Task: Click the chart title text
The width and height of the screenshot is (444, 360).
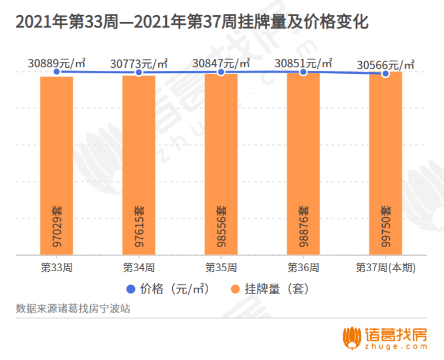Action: [191, 22]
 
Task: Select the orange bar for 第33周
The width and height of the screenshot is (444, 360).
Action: [56, 165]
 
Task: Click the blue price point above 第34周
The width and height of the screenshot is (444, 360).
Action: [139, 72]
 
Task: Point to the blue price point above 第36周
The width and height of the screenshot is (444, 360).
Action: [303, 71]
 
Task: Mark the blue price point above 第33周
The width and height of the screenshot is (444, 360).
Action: [56, 71]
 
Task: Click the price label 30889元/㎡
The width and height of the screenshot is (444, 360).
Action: [56, 62]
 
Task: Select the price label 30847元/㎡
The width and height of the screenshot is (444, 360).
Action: [221, 62]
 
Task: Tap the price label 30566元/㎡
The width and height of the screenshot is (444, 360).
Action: [385, 64]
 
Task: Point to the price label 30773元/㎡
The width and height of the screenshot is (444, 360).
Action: [139, 62]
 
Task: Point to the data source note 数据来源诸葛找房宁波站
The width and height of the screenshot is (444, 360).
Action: [73, 309]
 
